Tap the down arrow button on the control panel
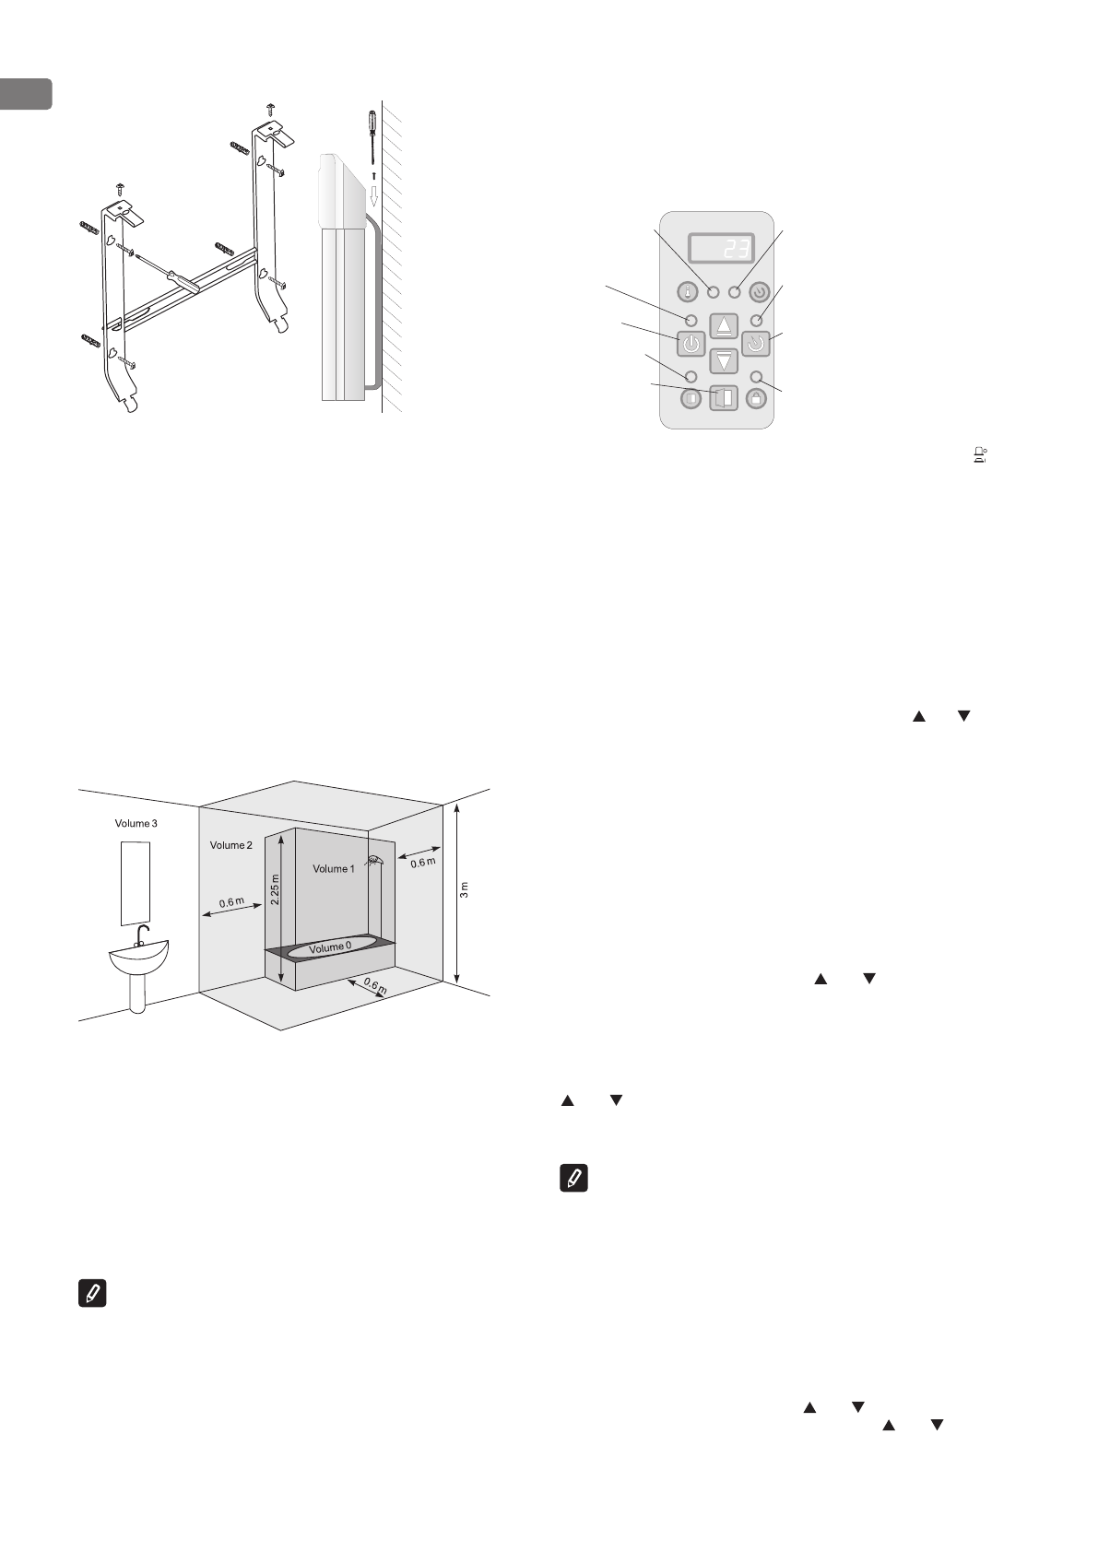[725, 361]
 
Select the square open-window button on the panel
[725, 399]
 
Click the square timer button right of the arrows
[756, 346]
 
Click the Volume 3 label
[136, 823]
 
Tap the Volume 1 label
[332, 868]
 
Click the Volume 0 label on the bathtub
[330, 947]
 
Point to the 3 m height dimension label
[465, 889]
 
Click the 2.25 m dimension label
[275, 889]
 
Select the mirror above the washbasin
[136, 882]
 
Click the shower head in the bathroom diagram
[374, 861]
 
